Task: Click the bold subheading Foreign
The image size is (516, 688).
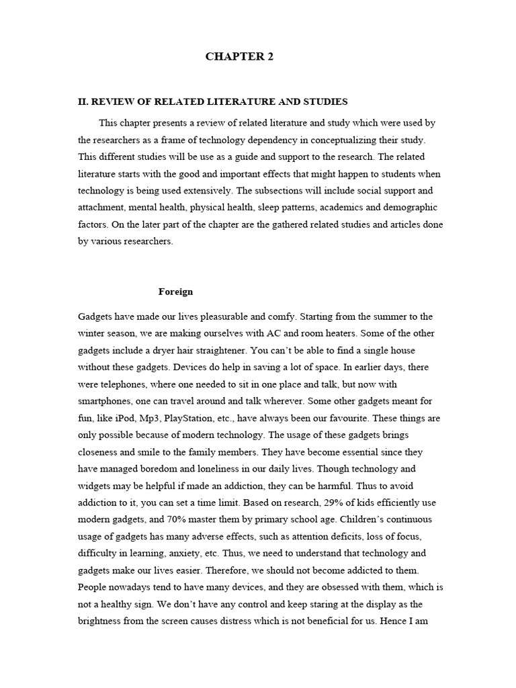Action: point(175,292)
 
